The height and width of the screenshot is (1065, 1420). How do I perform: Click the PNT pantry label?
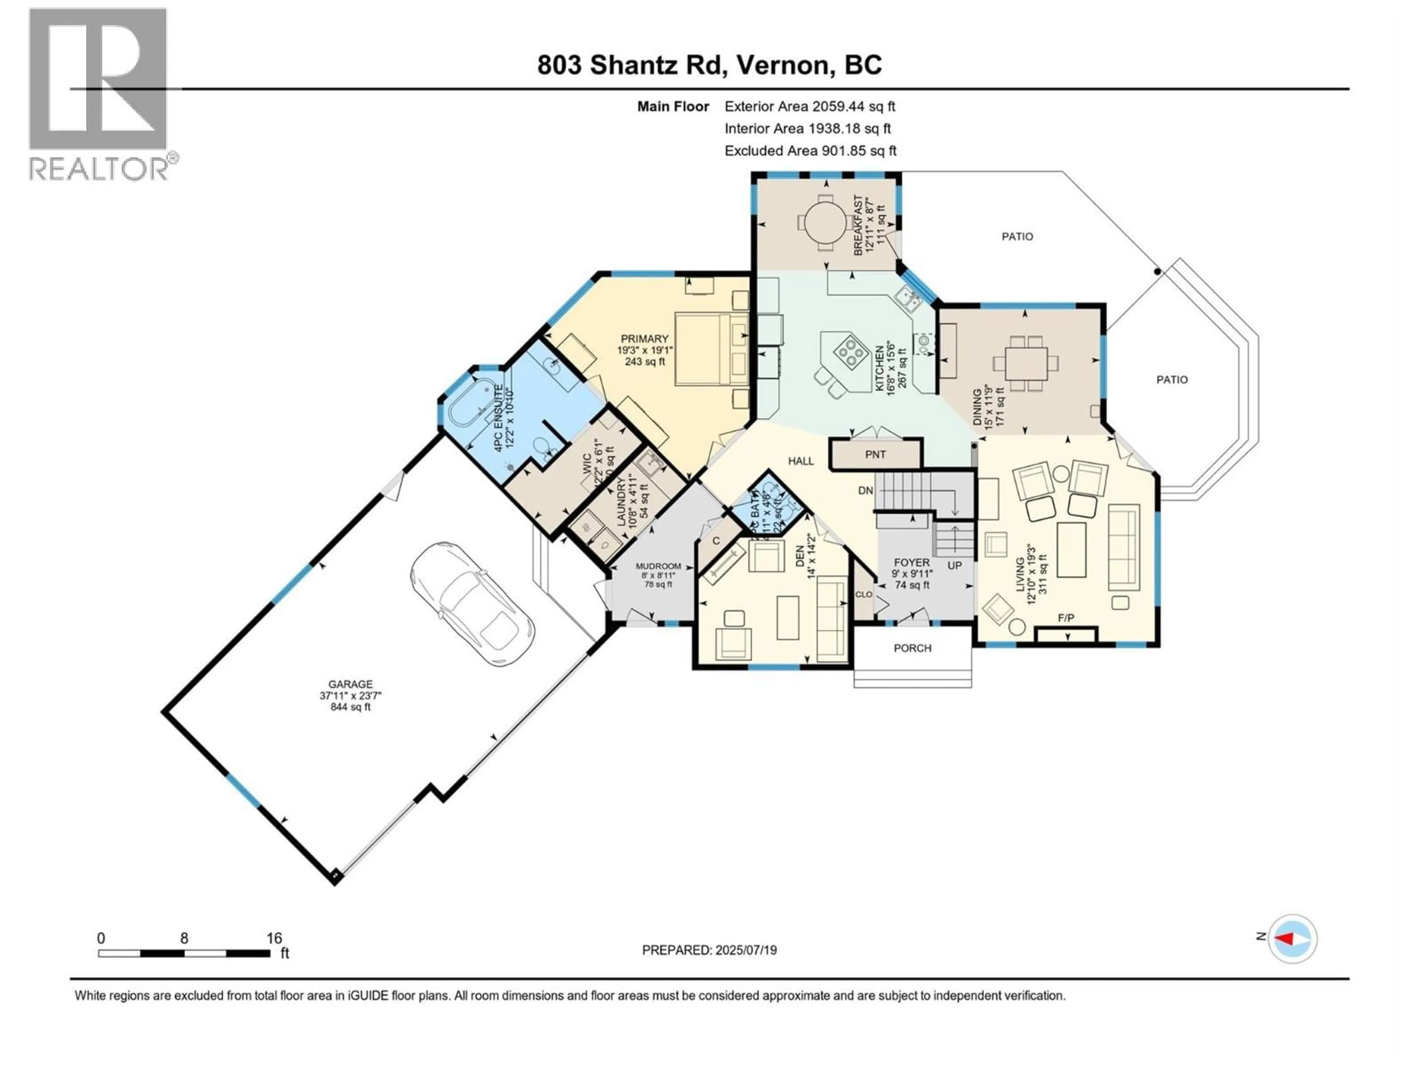pos(875,454)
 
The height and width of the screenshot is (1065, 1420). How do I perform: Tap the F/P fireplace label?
pos(1066,618)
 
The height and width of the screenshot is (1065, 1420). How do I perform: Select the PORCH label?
pos(912,648)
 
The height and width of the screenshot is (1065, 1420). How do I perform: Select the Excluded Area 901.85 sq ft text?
pos(810,151)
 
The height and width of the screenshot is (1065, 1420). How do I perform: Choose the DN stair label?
pos(865,490)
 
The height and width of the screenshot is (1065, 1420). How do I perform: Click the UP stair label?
pos(954,565)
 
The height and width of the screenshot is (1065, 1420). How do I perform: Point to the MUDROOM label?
pos(658,566)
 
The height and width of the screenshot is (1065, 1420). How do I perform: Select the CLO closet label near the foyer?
pos(863,595)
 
